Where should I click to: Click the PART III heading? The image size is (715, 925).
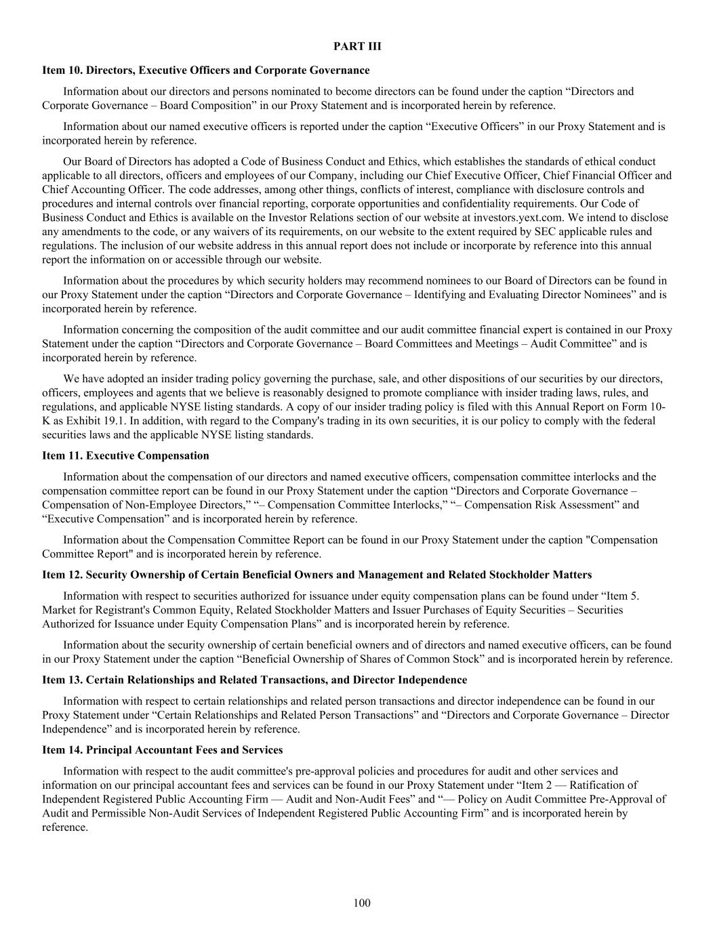[357, 46]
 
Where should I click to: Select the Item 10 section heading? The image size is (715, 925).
[206, 70]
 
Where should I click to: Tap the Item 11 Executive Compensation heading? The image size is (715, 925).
[125, 455]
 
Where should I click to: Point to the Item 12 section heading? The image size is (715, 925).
[316, 575]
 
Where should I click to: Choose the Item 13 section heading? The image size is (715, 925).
[254, 680]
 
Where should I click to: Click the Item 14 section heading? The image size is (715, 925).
[162, 750]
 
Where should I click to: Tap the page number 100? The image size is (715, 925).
[361, 903]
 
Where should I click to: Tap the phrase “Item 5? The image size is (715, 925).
[615, 596]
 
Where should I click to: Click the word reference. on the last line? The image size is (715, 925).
[65, 827]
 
